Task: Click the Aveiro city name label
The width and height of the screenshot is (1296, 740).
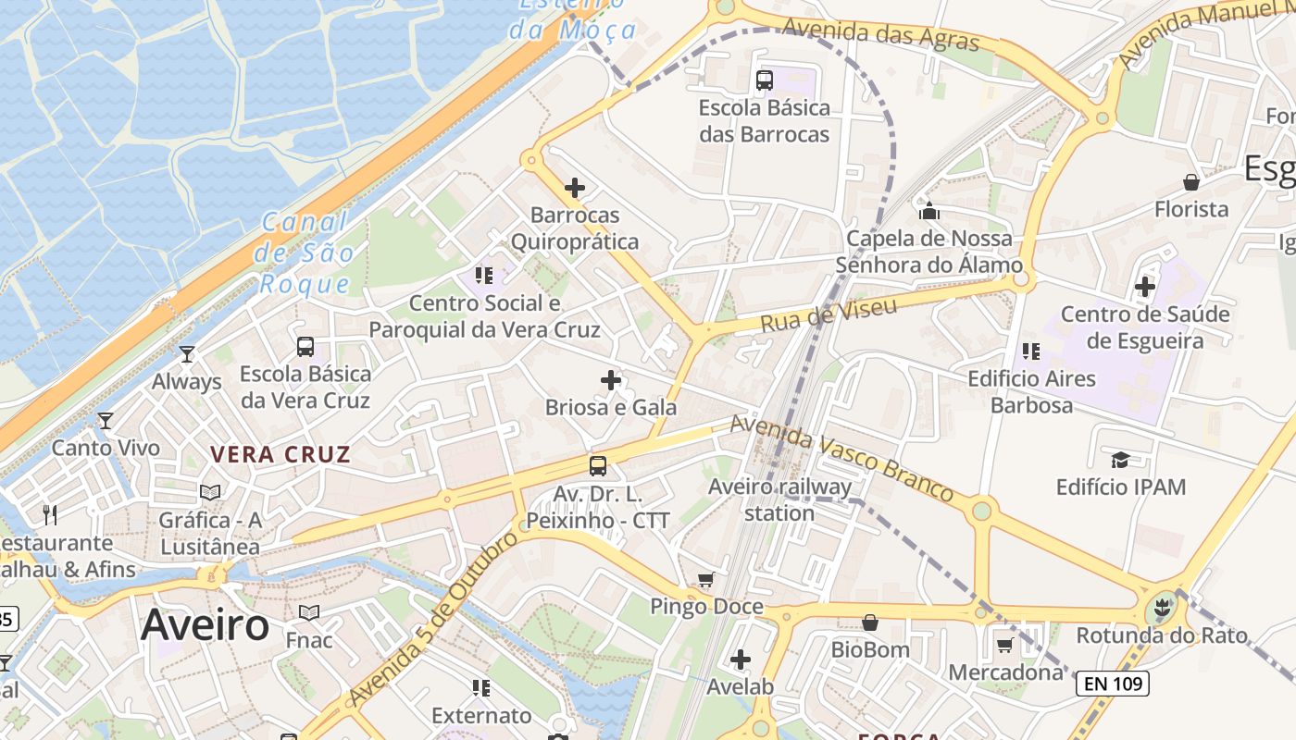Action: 205,626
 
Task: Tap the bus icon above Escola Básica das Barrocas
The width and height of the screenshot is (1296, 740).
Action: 765,80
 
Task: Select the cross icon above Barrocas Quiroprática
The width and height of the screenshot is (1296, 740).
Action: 575,188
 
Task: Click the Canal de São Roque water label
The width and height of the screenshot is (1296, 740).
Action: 306,253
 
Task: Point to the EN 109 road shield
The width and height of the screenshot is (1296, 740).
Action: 1112,684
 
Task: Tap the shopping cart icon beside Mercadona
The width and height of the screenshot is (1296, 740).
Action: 1005,645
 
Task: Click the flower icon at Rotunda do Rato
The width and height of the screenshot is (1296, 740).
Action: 1158,610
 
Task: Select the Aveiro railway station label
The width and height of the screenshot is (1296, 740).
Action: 779,499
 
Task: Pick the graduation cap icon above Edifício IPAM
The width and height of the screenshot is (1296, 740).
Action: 1120,460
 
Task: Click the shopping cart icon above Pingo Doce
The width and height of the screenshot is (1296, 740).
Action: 706,580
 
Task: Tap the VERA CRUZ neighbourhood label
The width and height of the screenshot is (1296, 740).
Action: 280,454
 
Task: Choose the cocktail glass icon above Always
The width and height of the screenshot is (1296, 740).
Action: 187,354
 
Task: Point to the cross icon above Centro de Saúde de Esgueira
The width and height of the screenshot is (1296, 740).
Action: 1145,287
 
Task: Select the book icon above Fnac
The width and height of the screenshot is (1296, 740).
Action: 309,613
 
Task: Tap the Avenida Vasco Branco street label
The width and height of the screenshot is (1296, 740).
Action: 841,459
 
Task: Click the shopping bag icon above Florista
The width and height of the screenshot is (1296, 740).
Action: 1191,182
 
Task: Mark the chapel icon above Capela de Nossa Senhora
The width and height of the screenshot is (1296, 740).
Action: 929,211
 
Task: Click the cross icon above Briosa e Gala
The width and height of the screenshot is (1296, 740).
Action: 611,380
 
